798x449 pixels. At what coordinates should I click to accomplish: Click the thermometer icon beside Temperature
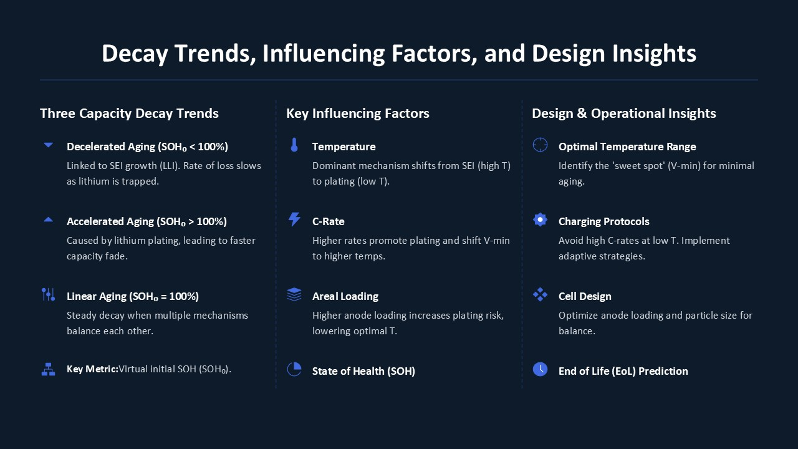[294, 145]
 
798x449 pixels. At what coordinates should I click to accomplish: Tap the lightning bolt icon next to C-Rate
[294, 220]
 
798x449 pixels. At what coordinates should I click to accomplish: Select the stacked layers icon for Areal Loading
[294, 295]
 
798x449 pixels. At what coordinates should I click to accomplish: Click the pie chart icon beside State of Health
[294, 370]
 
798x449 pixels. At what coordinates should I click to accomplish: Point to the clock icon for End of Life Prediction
[540, 370]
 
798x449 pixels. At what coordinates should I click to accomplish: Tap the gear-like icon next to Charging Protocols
[540, 220]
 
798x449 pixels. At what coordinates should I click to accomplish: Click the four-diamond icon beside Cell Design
[540, 295]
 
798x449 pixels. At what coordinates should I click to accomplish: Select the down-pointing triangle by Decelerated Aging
[48, 145]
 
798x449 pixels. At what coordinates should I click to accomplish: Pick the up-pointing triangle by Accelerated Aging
[48, 220]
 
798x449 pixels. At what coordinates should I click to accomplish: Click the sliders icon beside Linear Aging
[48, 295]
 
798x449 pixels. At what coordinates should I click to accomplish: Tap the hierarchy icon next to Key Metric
[48, 370]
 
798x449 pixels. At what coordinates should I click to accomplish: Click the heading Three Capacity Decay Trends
[129, 113]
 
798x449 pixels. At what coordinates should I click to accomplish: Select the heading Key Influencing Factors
[358, 113]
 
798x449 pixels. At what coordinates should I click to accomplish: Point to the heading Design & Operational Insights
[624, 113]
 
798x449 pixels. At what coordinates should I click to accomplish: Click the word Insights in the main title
[654, 54]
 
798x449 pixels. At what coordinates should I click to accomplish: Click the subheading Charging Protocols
[604, 221]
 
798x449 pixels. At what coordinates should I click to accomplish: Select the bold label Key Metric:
[92, 369]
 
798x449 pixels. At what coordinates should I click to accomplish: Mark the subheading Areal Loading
[345, 296]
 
